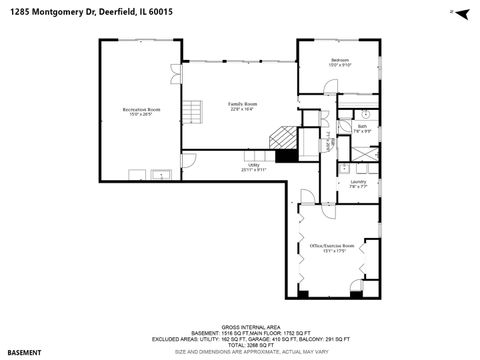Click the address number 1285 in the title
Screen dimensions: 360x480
pyautogui.click(x=19, y=12)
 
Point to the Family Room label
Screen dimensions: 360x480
pyautogui.click(x=243, y=104)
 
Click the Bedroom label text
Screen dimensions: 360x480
pyautogui.click(x=340, y=61)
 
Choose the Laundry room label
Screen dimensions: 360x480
pyautogui.click(x=357, y=182)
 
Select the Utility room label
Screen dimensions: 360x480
pyautogui.click(x=253, y=166)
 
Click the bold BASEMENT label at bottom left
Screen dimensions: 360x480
pyautogui.click(x=25, y=352)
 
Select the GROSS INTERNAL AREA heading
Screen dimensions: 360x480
pyautogui.click(x=241, y=325)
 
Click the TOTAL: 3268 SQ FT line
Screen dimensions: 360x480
pyautogui.click(x=241, y=343)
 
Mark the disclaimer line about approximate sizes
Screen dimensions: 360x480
pyautogui.click(x=241, y=351)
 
